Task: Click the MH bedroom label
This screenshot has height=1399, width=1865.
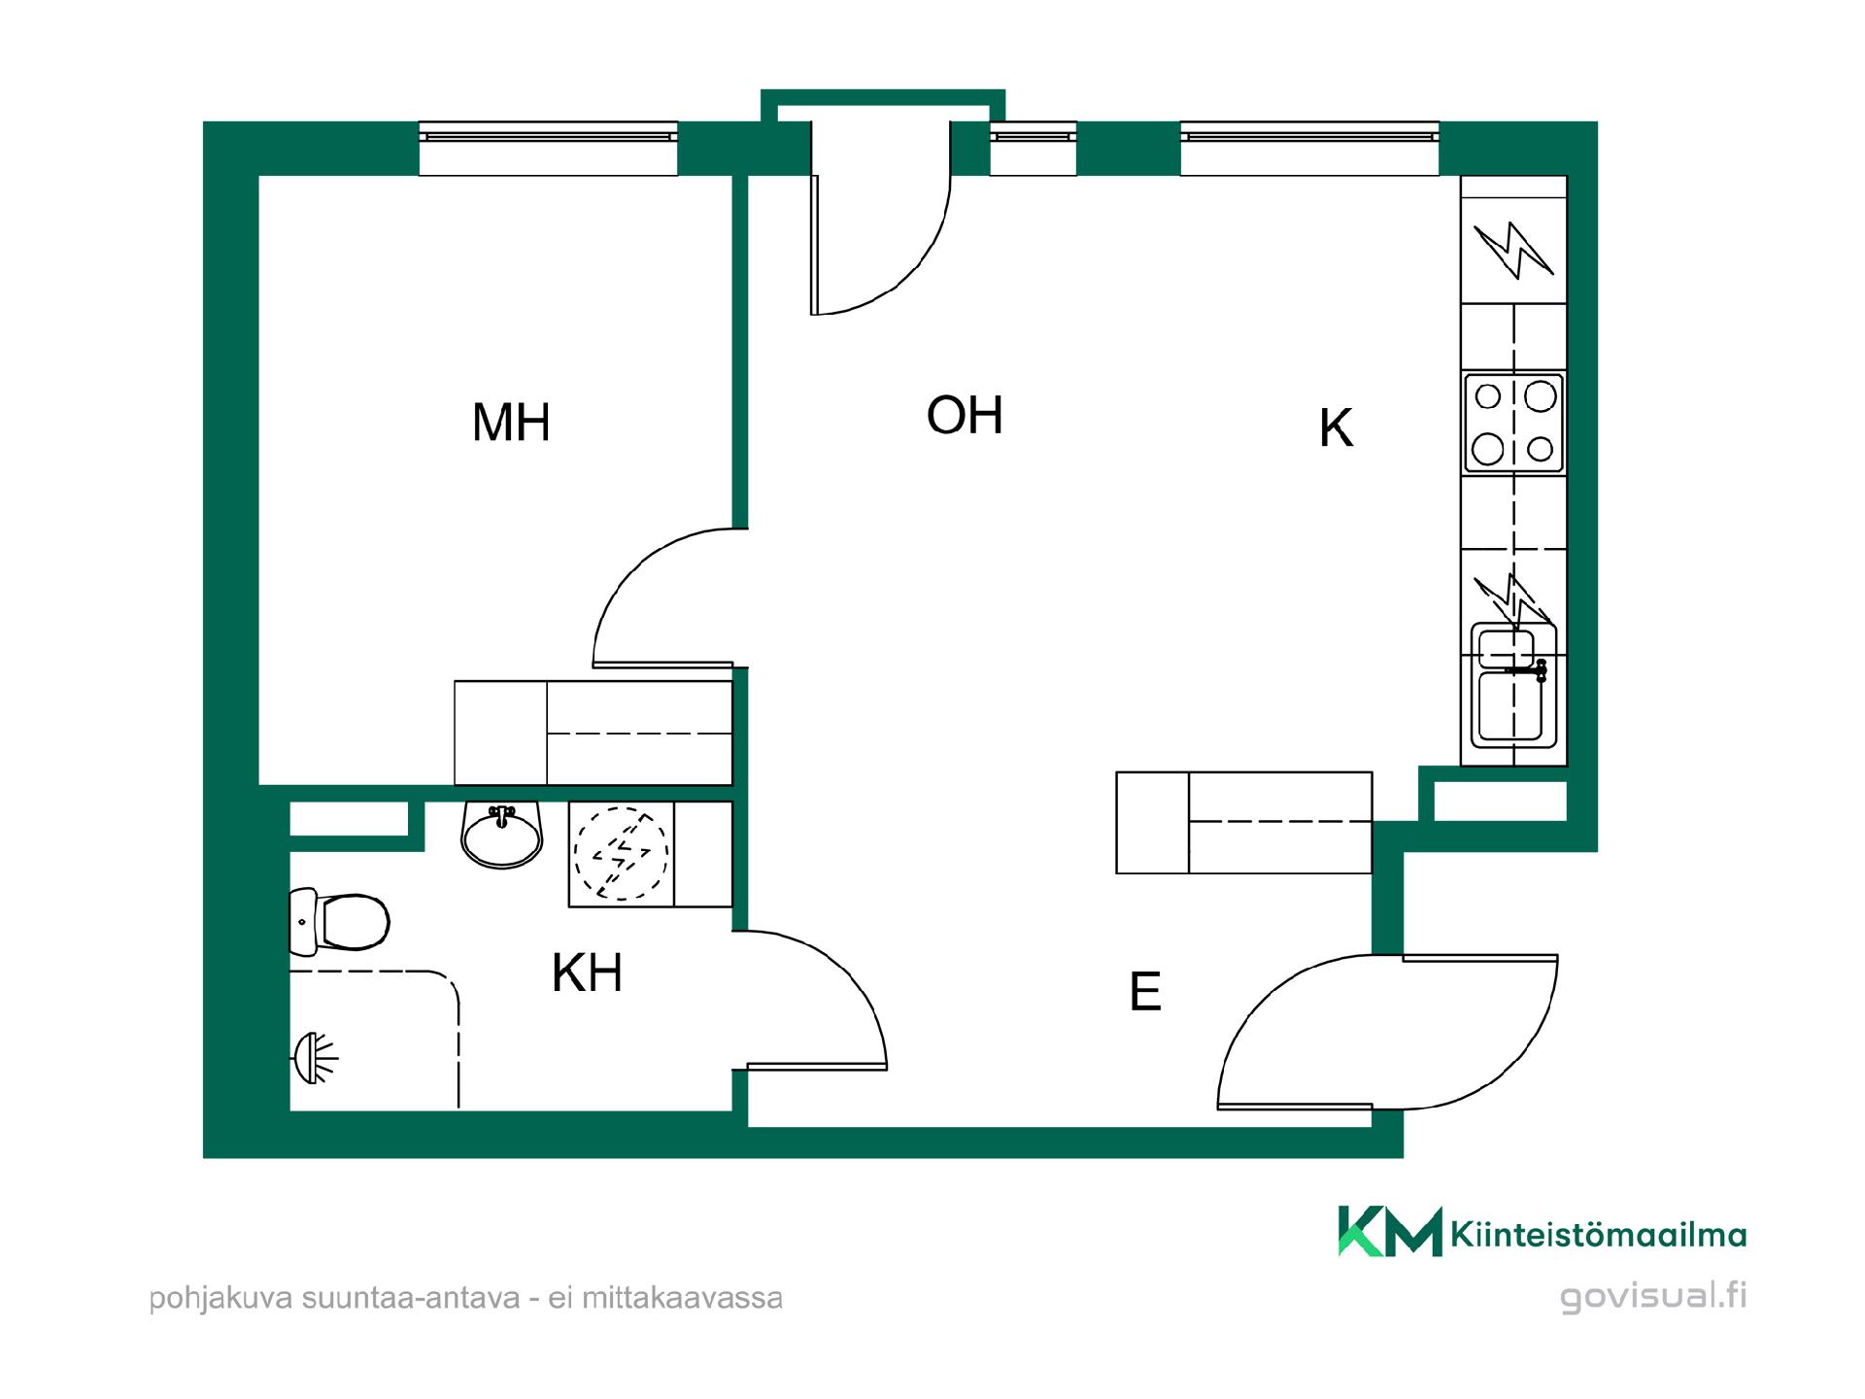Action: (511, 423)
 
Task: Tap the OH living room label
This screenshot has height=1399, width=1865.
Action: (965, 415)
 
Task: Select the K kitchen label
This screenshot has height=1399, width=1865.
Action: (1337, 427)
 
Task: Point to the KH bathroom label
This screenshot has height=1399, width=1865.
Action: (587, 972)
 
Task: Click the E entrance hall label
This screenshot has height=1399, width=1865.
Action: (1145, 992)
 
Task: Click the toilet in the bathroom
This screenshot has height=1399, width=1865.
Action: (339, 920)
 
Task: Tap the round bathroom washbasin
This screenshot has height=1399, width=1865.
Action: (501, 835)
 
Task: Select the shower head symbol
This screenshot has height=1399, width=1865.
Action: (314, 1057)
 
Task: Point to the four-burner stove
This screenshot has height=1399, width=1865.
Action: (1513, 423)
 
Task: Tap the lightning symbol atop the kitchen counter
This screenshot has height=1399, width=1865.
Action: (1513, 250)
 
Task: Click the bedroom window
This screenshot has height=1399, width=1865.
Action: (548, 149)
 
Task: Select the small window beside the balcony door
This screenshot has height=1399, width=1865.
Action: (1033, 149)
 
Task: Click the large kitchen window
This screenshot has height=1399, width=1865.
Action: (1309, 149)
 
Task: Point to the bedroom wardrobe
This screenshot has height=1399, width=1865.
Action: (593, 733)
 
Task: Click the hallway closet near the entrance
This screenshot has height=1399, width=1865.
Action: (1244, 822)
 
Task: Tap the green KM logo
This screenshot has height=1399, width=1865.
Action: (1390, 1231)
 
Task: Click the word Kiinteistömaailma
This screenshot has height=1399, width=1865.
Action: (1598, 1235)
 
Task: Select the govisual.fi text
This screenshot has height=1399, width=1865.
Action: (1653, 1298)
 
